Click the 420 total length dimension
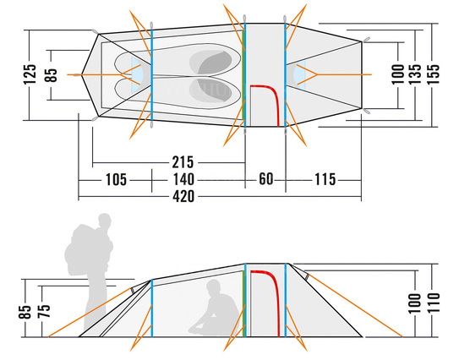(183, 196)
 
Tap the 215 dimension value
(183, 162)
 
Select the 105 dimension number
(116, 179)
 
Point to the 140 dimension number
(183, 179)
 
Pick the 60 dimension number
(265, 179)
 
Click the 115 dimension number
(325, 179)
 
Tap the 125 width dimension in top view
(30, 74)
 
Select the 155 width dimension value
(434, 74)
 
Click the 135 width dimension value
(415, 74)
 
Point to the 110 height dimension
(434, 303)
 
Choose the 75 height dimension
(44, 311)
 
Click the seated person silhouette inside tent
(213, 308)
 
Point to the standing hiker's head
(105, 220)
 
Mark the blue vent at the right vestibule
(300, 75)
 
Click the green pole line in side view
(243, 303)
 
